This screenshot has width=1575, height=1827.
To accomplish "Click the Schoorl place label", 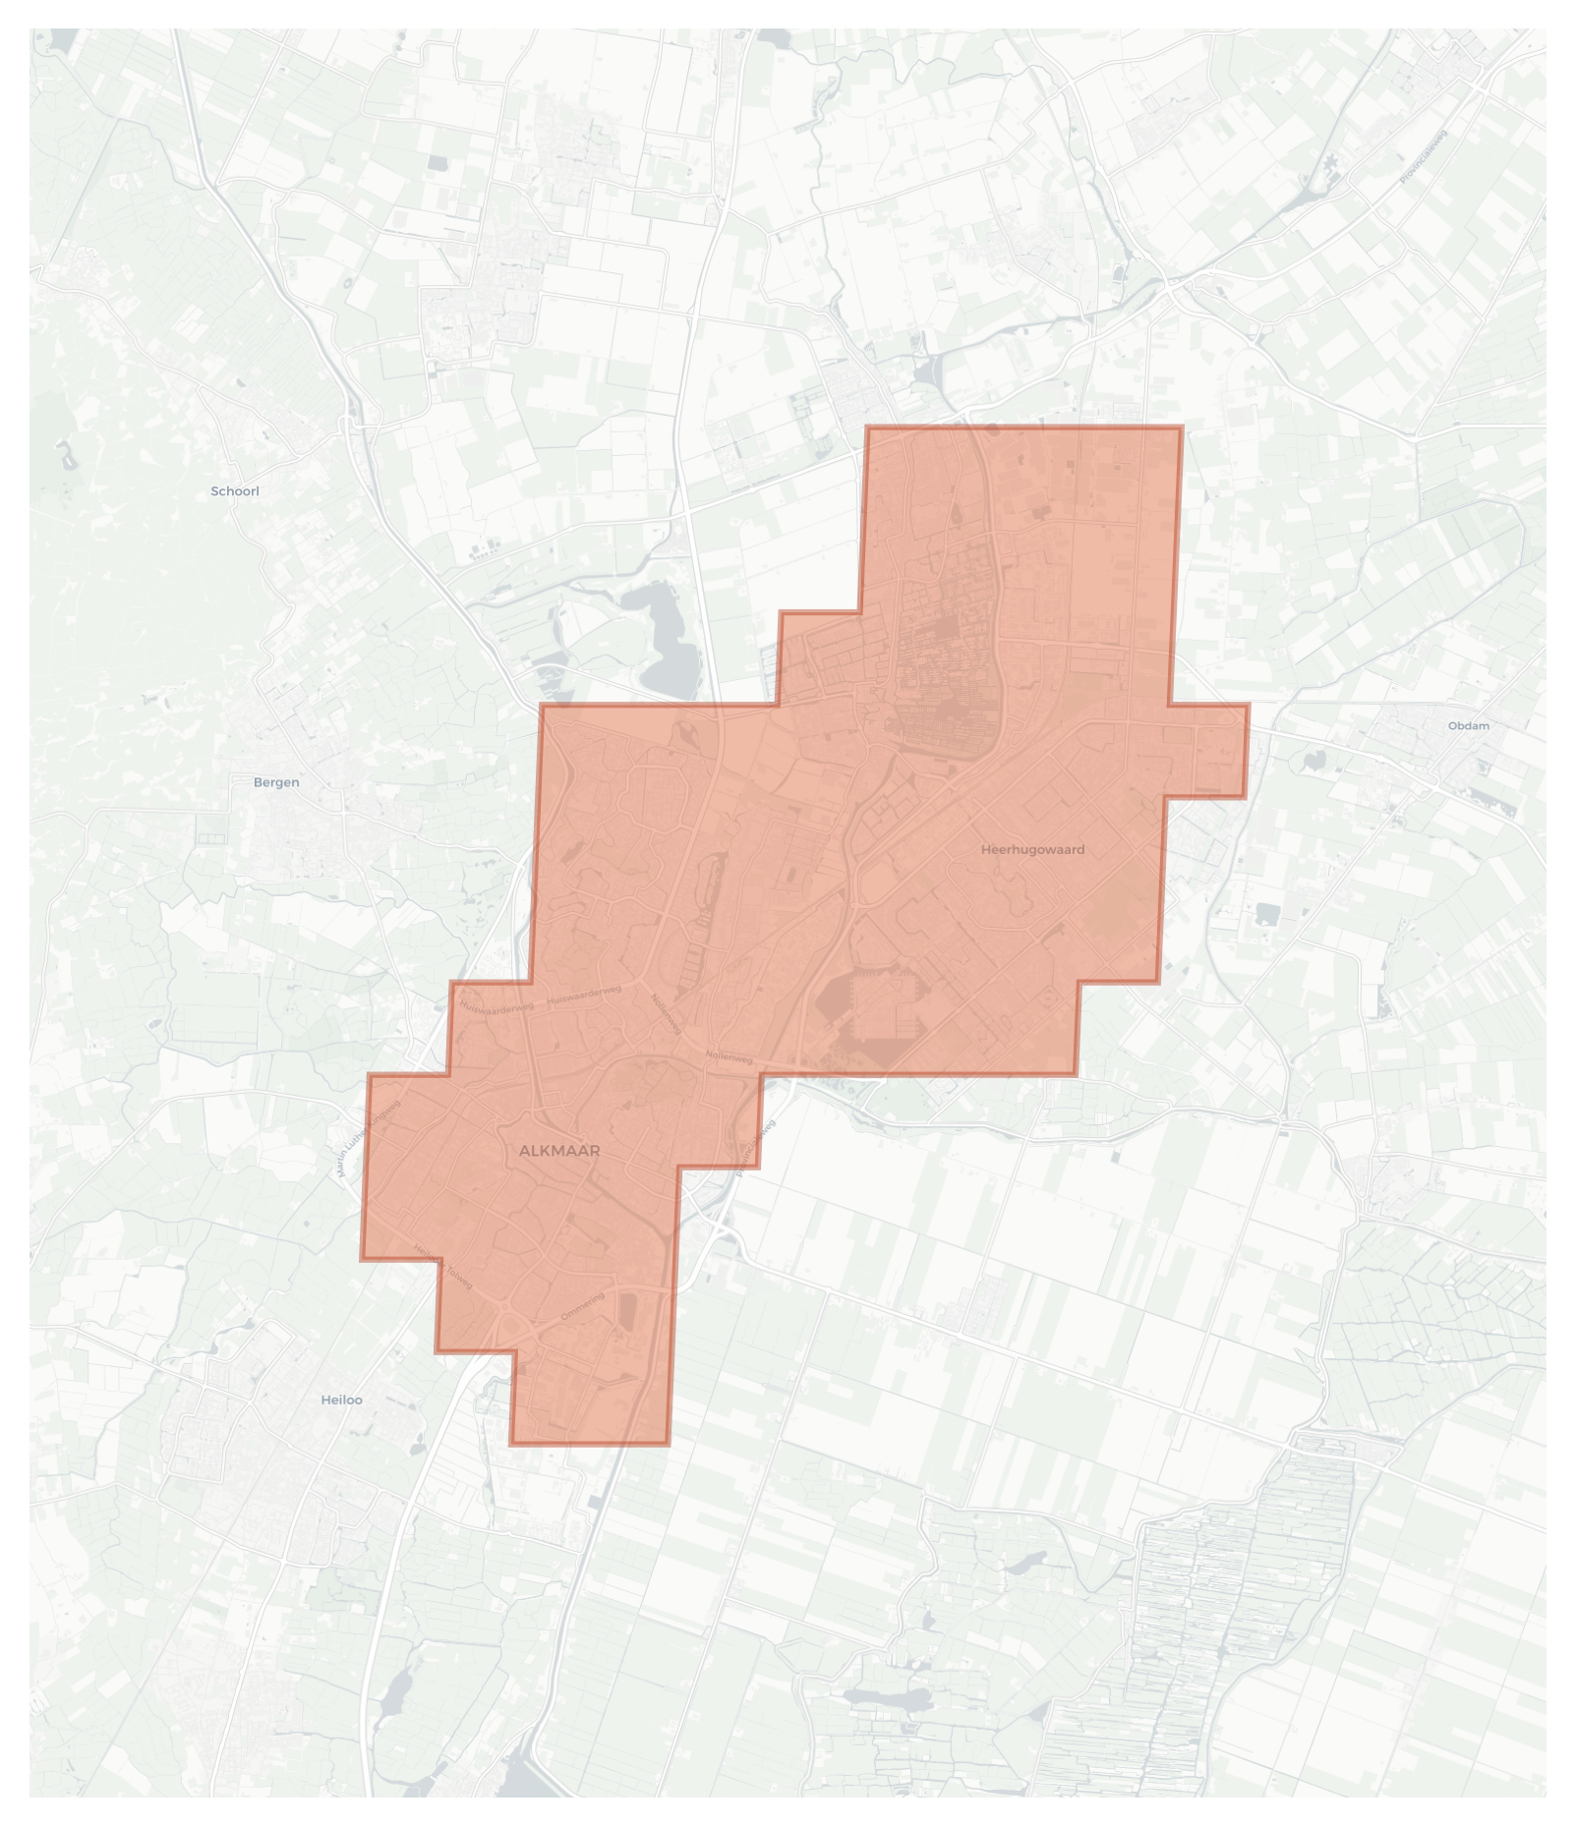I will (235, 491).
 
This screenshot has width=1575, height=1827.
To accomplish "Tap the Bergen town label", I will (276, 782).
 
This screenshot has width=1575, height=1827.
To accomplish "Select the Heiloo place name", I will (341, 1399).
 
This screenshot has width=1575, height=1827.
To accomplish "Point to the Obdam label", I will (1468, 726).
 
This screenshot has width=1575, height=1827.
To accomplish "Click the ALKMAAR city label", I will (559, 1150).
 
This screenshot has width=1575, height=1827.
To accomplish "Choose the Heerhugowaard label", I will (1032, 849).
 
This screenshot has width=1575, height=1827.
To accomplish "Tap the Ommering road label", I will (582, 1307).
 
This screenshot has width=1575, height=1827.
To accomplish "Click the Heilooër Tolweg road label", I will (443, 1267).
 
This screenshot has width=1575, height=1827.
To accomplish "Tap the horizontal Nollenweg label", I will (729, 1057).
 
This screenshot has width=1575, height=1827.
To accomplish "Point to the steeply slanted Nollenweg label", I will (666, 1013).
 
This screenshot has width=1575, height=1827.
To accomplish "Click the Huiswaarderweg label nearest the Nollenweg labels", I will (584, 996).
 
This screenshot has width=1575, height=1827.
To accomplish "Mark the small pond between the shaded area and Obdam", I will (1313, 760).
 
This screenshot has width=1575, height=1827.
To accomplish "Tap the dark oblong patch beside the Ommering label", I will (628, 1311).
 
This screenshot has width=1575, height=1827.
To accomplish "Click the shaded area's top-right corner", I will (1181, 428).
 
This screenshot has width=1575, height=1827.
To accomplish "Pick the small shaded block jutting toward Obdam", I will (1207, 750).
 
